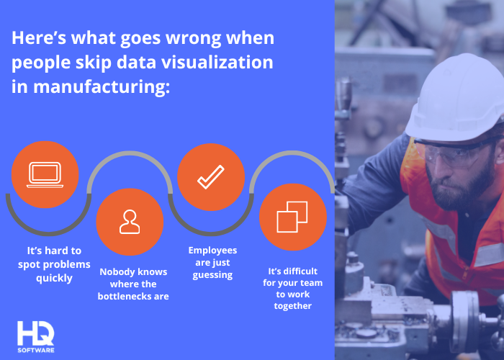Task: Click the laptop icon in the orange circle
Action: coord(45,175)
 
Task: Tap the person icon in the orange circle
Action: coord(130,222)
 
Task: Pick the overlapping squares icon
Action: coord(292,217)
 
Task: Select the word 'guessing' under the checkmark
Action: coord(212,275)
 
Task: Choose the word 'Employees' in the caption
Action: coord(212,251)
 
